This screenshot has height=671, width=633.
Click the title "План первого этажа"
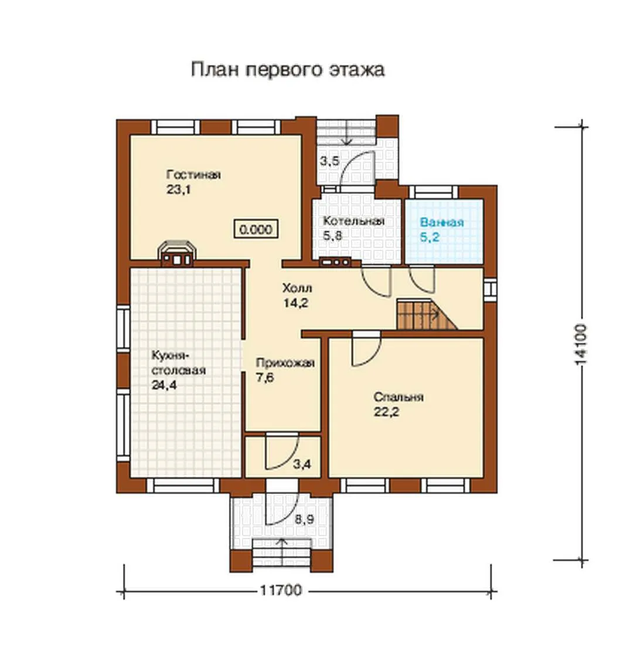click(287, 70)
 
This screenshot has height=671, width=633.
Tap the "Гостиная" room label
click(193, 175)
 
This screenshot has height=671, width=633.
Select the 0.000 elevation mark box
click(256, 229)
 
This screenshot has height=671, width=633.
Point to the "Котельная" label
click(353, 221)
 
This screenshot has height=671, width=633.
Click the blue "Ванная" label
click(442, 222)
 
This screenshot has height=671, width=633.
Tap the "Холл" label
click(297, 288)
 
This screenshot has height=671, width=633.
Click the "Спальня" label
click(399, 397)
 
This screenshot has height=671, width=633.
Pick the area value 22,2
click(386, 412)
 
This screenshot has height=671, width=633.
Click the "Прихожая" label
click(285, 363)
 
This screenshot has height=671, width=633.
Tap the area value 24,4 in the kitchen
click(164, 385)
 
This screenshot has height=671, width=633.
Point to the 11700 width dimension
click(281, 590)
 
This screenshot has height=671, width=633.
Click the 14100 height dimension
click(581, 344)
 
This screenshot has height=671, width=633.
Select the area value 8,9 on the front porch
click(304, 520)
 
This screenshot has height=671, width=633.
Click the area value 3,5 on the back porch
click(330, 161)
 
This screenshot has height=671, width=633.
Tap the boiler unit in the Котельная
click(335, 262)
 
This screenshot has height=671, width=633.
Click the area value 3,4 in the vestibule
click(302, 464)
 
